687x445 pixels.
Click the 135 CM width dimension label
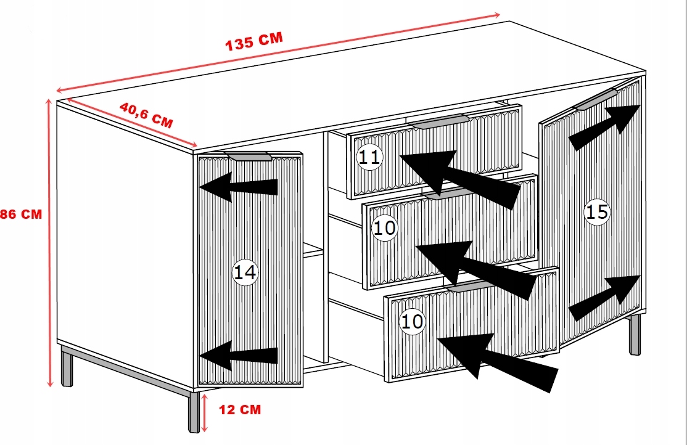pos(253,42)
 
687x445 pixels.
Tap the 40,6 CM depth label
pos(146,115)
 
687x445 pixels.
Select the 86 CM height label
pos(20,214)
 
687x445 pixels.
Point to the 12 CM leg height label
pos(240,409)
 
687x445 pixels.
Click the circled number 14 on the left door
pos(245,272)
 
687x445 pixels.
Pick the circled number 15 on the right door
pos(597,212)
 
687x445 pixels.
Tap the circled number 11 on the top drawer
pos(369,157)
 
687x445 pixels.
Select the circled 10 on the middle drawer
pos(384,228)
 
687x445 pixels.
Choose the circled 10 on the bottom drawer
pos(412,322)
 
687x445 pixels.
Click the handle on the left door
pos(249,157)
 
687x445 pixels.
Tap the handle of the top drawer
pos(438,121)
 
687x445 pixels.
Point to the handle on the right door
pos(596,99)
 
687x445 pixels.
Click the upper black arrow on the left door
pos(238,187)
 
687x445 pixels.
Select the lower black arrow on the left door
pos(238,355)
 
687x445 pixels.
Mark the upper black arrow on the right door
pos(604,127)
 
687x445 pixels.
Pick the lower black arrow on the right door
pos(604,298)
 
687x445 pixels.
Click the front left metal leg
pos(193,412)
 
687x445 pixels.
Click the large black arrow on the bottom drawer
pos(497,362)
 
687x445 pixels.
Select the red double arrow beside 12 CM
pos(204,412)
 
